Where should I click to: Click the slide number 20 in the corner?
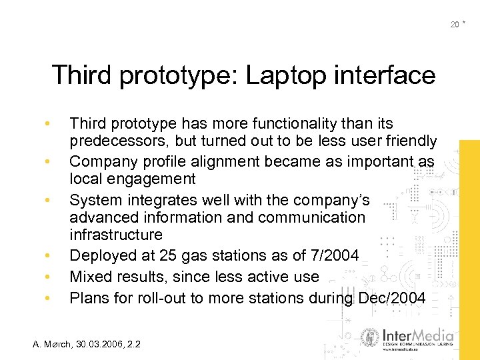pyautogui.click(x=455, y=25)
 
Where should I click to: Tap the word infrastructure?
pyautogui.click(x=115, y=235)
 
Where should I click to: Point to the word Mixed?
pyautogui.click(x=91, y=276)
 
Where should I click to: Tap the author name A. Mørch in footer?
pyautogui.click(x=55, y=344)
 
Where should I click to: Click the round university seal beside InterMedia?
pyautogui.click(x=369, y=338)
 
